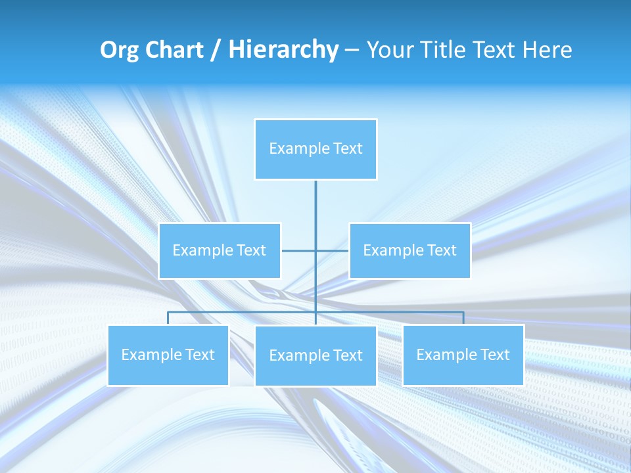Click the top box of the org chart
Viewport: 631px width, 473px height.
pos(315,148)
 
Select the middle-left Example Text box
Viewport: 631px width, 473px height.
pos(220,250)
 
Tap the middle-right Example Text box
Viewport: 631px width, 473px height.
pos(409,250)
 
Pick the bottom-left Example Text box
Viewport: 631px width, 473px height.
pos(168,355)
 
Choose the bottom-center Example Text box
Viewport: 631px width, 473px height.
pos(315,355)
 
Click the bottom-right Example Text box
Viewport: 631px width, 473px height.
pos(463,355)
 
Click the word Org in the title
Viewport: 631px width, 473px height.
pos(119,51)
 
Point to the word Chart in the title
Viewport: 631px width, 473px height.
pos(174,50)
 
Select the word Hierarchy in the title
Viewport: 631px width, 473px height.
pos(283,50)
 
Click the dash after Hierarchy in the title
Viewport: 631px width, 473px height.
pos(352,51)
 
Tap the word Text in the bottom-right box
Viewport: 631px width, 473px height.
pos(494,355)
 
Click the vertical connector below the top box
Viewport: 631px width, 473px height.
pos(315,204)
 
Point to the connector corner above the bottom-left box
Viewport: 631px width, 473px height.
pos(168,313)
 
